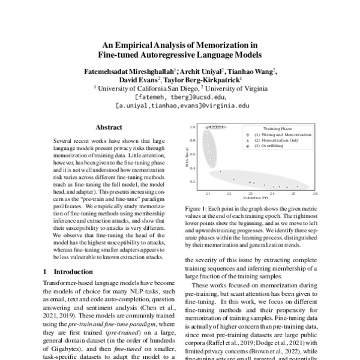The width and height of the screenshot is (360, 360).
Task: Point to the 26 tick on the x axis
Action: (x=315, y=194)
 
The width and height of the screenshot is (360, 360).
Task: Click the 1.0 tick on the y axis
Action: (x=193, y=128)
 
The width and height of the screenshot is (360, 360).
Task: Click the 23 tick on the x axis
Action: (x=251, y=194)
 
